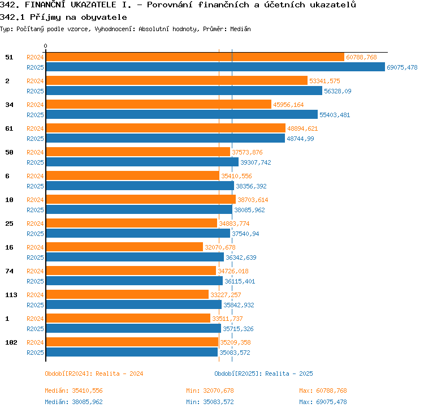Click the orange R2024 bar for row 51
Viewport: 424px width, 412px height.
[195, 57]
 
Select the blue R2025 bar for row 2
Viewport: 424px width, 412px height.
[184, 91]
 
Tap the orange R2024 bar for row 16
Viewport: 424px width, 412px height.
[124, 247]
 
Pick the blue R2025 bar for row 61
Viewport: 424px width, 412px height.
[166, 138]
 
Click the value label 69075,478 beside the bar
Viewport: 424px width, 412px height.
[402, 67]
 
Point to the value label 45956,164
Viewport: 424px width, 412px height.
[288, 105]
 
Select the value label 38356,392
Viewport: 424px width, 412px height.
[251, 186]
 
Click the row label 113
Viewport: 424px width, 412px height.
[11, 295]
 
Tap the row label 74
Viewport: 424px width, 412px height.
[9, 271]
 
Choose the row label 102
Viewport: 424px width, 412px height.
[11, 342]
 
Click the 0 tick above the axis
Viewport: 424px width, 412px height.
[45, 46]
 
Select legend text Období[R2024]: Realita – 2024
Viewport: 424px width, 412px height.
[94, 374]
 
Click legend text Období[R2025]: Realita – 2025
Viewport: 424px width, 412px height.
[263, 374]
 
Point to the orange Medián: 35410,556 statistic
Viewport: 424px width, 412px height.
[74, 390]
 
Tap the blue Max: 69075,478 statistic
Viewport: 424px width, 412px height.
[323, 402]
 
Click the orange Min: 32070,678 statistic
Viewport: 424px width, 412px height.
[210, 390]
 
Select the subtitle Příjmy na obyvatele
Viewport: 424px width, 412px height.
[79, 17]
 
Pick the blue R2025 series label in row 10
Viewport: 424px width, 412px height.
[35, 210]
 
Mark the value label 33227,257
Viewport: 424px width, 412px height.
[226, 295]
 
